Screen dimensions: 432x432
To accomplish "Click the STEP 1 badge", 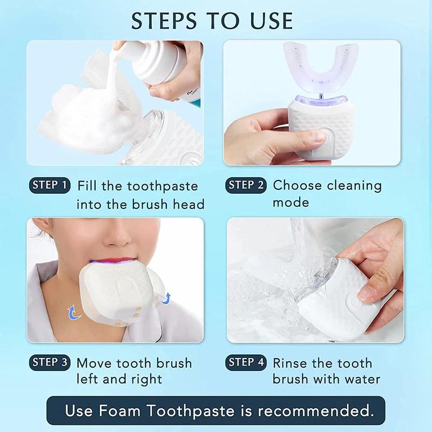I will [49, 185].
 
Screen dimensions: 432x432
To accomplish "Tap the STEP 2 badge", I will [246, 185].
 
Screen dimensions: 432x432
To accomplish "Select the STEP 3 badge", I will [49, 362].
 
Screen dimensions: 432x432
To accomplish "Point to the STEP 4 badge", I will [246, 362].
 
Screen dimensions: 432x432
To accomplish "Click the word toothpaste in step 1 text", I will [163, 186].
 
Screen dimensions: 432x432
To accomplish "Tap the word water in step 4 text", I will [361, 379].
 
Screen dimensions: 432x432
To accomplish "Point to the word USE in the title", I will [268, 21].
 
